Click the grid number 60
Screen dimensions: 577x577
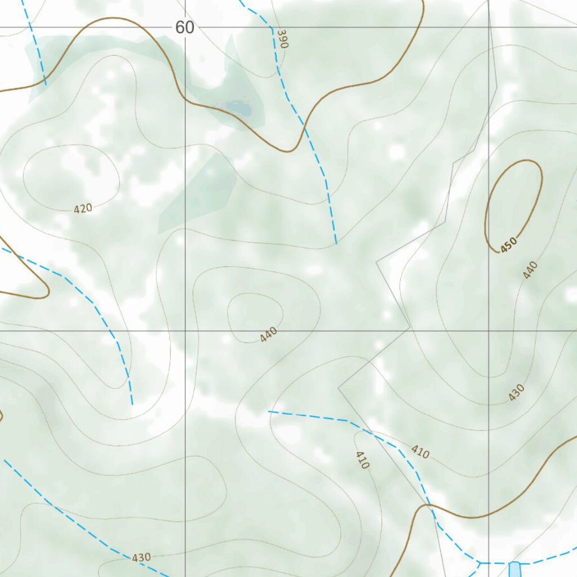184,27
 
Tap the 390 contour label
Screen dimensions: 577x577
282,39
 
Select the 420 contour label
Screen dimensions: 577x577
83,208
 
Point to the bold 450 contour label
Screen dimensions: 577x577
508,245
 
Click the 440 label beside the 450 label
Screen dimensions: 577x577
530,270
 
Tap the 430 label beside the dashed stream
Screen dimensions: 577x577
141,557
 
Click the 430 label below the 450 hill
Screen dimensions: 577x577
516,392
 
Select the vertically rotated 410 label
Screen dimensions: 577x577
362,460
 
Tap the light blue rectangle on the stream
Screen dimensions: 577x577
514,569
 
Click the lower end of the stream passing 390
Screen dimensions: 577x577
336,243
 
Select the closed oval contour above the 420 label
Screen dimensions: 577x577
70,177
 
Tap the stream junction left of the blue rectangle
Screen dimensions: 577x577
480,562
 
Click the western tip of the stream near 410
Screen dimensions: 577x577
269,412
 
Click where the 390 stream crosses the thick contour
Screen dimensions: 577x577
305,126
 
